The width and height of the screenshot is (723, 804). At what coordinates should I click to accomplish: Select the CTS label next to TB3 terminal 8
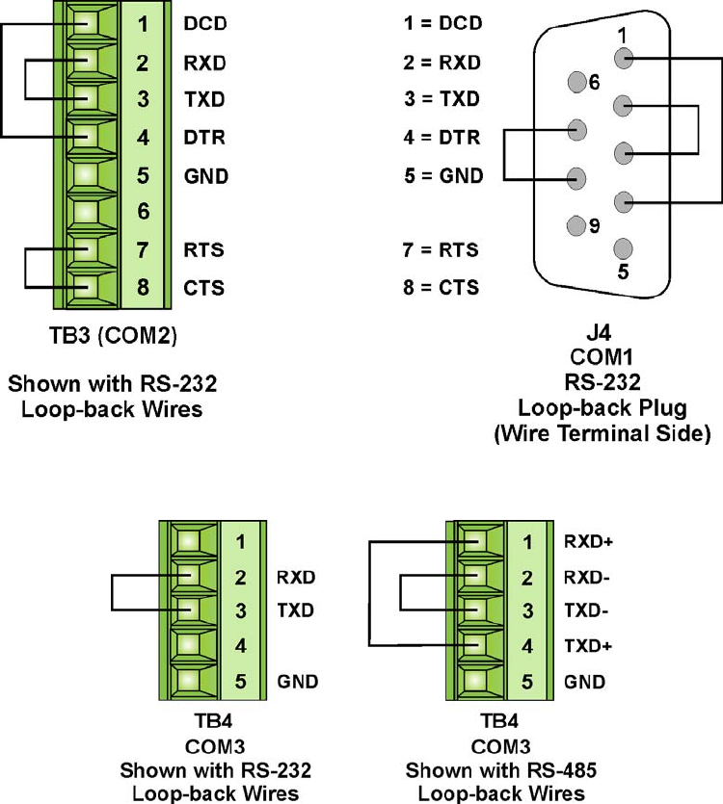tap(202, 287)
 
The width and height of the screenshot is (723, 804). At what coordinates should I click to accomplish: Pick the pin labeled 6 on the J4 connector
tap(577, 81)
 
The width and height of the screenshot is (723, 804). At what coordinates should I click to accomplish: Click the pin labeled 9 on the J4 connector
tap(577, 226)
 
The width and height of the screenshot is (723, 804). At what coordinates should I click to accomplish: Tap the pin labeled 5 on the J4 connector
tap(624, 249)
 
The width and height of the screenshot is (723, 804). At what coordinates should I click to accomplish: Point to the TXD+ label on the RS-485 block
tap(588, 646)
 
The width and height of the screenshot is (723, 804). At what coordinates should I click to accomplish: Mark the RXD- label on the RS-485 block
tap(587, 579)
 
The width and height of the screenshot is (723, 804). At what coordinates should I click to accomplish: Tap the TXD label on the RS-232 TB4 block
tap(296, 610)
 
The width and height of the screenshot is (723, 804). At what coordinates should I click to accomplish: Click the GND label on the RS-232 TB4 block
tap(298, 682)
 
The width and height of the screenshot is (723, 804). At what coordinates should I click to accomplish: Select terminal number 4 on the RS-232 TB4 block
tap(241, 646)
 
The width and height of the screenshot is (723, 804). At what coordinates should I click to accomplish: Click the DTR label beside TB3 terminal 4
tap(203, 138)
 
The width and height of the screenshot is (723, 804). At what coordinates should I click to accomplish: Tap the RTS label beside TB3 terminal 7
tap(203, 250)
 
